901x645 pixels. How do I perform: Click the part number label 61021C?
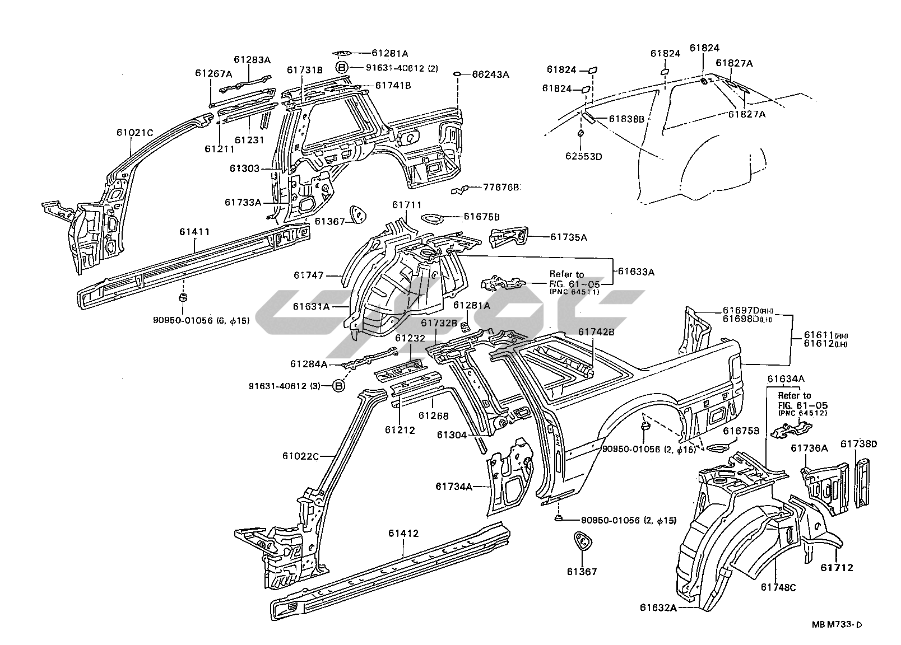(x=134, y=133)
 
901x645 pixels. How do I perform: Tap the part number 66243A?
(x=490, y=74)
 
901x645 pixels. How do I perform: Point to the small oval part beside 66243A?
(x=457, y=73)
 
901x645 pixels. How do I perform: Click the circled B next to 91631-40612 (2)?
(x=342, y=68)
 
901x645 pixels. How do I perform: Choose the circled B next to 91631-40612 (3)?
(x=338, y=386)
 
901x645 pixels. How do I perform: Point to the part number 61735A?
(x=568, y=237)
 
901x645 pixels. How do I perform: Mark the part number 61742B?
(x=596, y=332)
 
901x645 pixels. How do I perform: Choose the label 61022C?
(x=300, y=456)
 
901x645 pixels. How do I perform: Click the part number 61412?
(x=403, y=534)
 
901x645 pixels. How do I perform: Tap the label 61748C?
(x=778, y=587)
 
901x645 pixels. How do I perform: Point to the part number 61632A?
(x=658, y=608)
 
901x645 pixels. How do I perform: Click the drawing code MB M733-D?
(x=838, y=625)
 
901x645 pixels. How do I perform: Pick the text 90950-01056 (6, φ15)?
(x=201, y=321)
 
